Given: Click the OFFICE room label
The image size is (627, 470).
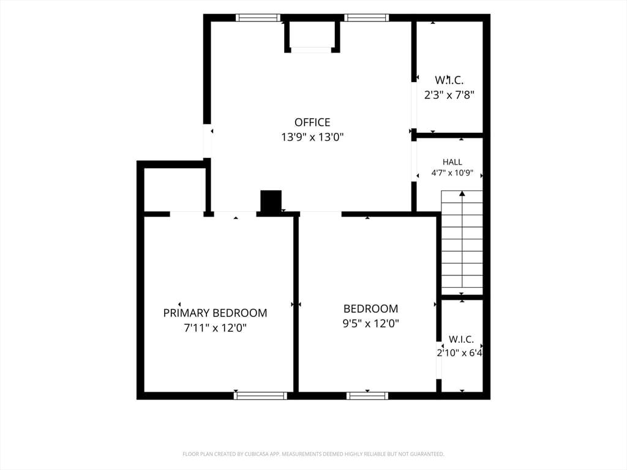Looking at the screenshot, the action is point(312,122).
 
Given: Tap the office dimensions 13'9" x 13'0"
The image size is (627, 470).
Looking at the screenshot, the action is point(312,137).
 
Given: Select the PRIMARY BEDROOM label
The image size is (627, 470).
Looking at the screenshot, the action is point(215,313).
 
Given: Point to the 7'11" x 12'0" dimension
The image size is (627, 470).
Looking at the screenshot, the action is point(215,328).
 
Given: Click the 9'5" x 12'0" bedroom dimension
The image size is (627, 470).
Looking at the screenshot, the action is point(370,323).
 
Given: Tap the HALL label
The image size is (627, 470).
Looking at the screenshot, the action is point(452,162).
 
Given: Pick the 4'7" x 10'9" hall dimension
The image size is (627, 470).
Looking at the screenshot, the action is point(452,173).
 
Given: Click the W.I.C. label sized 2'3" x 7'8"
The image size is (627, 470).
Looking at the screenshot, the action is point(449,80).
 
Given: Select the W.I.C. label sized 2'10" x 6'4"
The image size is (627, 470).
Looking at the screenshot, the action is point(461,339).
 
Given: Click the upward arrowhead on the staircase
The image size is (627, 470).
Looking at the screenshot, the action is point(462,193).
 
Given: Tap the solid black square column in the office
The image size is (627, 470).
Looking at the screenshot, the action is point(271,201).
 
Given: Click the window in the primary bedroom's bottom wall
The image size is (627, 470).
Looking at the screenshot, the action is point(260,396).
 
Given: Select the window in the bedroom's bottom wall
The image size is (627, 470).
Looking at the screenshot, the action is point(367,396).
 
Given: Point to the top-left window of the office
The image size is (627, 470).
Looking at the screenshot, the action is point(258,18).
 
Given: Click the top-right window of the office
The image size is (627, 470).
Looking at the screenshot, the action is point(367,18).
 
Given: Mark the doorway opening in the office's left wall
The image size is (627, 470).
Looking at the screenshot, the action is point(207,141).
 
